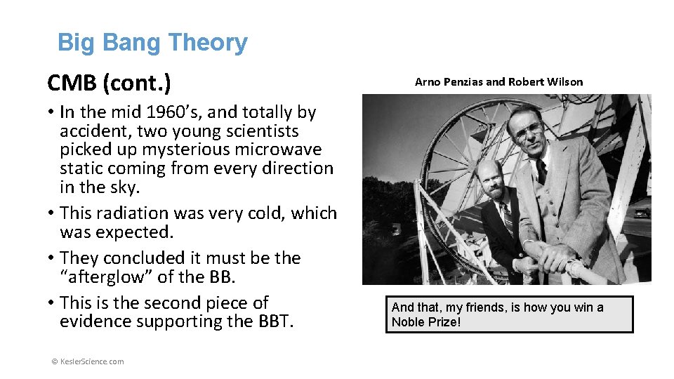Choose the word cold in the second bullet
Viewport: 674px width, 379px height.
click(265, 213)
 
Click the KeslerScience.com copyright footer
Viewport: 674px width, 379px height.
click(88, 361)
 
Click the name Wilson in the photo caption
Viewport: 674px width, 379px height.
click(565, 82)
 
